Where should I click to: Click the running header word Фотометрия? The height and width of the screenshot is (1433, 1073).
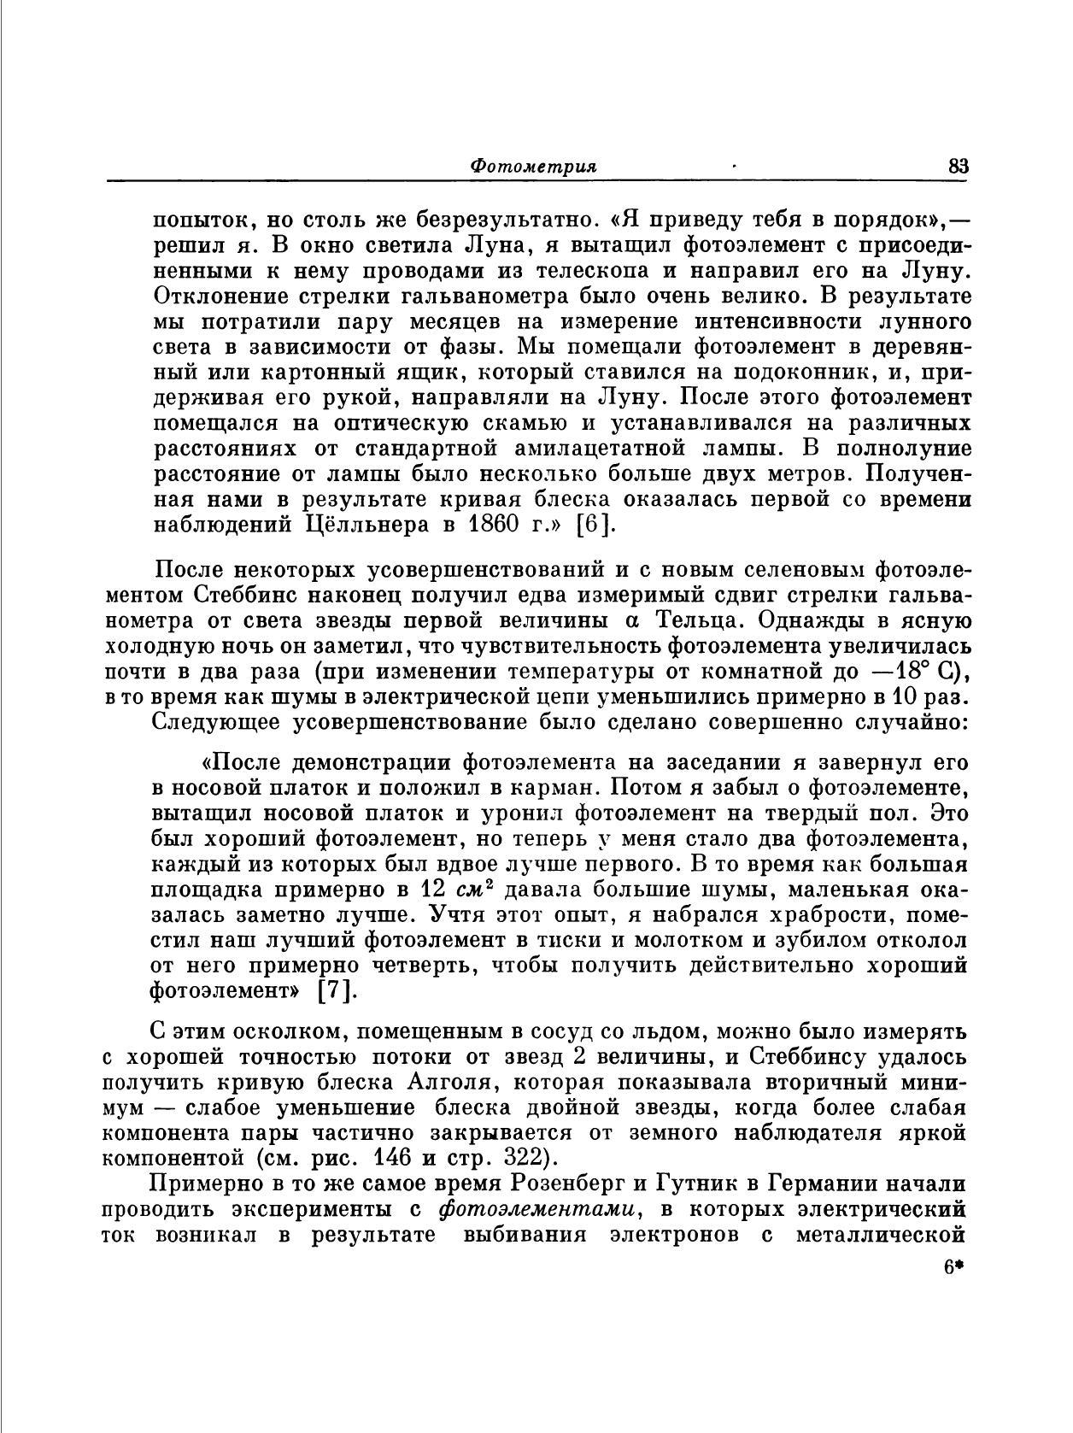click(x=533, y=167)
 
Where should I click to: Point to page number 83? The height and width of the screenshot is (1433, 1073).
click(x=959, y=167)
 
